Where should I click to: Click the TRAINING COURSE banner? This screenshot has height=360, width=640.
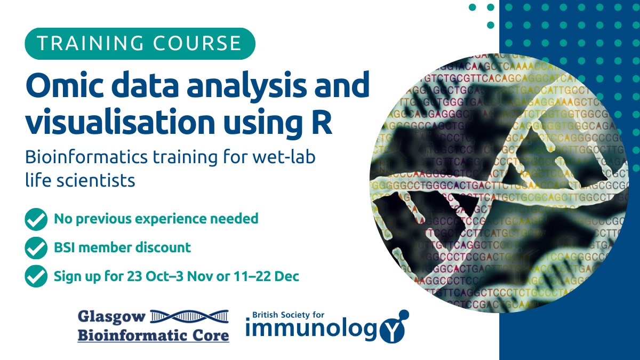pos(140,43)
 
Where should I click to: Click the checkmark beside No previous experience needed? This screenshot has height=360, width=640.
pos(36,219)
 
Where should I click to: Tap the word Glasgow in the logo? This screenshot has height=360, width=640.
pos(111,317)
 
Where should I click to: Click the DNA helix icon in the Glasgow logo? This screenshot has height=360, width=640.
pos(189,316)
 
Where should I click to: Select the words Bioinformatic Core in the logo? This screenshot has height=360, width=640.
pos(154,335)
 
